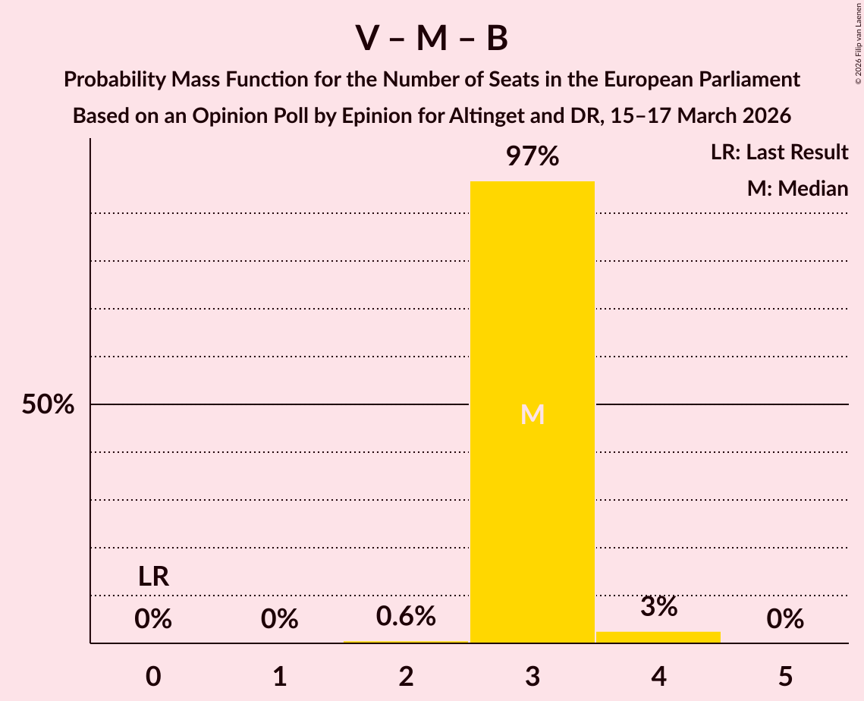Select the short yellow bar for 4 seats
(x=658, y=637)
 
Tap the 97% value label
(x=533, y=157)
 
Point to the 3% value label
(x=658, y=606)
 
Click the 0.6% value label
(x=406, y=616)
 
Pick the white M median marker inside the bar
(x=533, y=414)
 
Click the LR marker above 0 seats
(x=153, y=577)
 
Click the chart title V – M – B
(x=432, y=39)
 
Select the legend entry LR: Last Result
(x=779, y=152)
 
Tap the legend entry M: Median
(x=797, y=188)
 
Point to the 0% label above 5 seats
(x=785, y=619)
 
